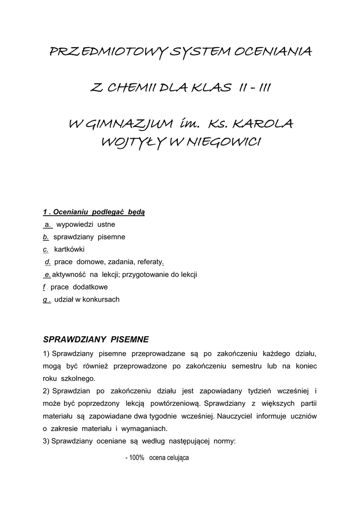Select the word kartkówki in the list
pyautogui.click(x=70, y=250)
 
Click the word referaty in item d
pyautogui.click(x=149, y=262)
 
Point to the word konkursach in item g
pyautogui.click(x=103, y=299)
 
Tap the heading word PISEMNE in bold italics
pyautogui.click(x=130, y=339)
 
